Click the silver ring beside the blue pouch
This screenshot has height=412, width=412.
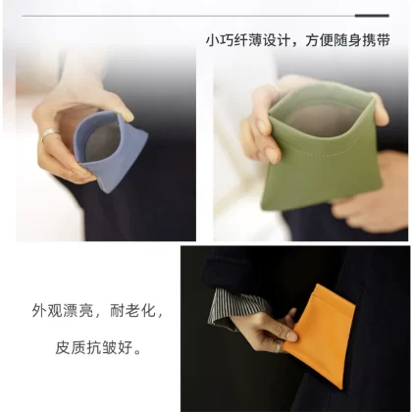click(50, 133)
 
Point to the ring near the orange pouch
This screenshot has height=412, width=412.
click(278, 346)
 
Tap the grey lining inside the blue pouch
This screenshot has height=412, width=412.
click(101, 142)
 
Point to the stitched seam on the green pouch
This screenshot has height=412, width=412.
click(324, 148)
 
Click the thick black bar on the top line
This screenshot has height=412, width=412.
click(372, 16)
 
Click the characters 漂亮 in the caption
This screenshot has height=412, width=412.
click(78, 311)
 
